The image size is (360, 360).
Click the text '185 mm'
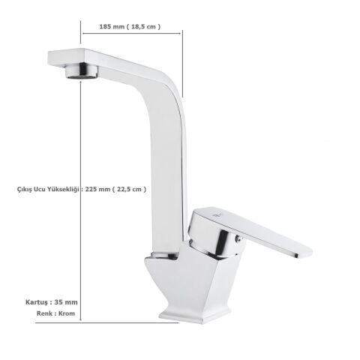click(x=112, y=26)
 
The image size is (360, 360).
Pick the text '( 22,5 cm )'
click(x=130, y=189)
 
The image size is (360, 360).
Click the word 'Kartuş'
click(x=37, y=301)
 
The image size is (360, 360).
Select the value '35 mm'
click(x=66, y=301)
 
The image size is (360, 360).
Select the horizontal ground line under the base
click(x=127, y=323)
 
